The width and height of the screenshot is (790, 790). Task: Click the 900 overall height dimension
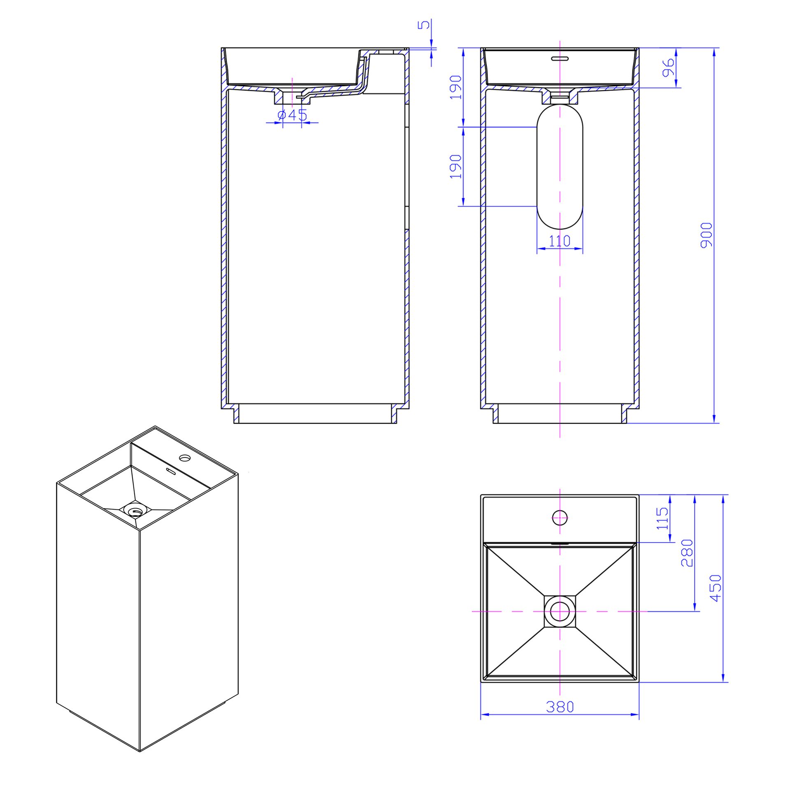706,235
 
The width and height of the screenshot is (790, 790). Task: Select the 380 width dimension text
560,707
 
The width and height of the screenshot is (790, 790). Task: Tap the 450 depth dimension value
716,588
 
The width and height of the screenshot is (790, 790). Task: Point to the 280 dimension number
687,553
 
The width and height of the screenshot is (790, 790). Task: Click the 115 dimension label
662,518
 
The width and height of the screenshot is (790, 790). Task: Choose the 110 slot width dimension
560,241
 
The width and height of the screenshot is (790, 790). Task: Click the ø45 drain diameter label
293,115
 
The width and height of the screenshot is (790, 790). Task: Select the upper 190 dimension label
456,87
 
